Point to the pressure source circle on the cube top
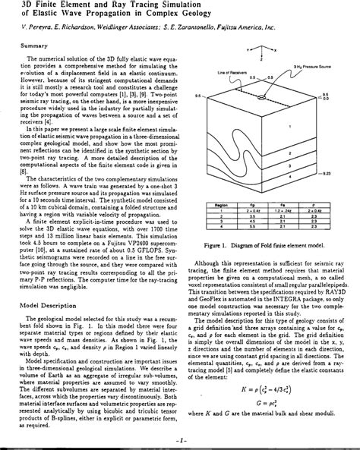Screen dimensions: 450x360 [x=263, y=97]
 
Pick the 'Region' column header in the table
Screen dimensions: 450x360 [x=223, y=204]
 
